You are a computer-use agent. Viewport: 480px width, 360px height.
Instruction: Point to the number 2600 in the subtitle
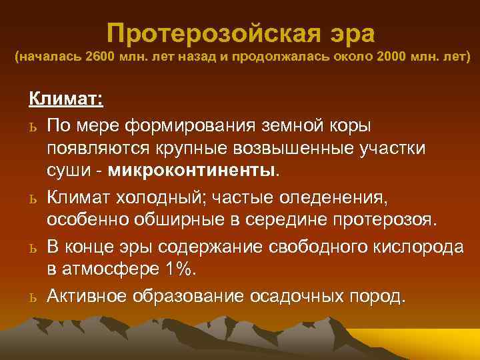(x=99, y=58)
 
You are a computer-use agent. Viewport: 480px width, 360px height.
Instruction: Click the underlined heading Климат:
(x=65, y=100)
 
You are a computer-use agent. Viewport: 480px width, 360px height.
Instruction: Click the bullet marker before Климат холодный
(x=33, y=198)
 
